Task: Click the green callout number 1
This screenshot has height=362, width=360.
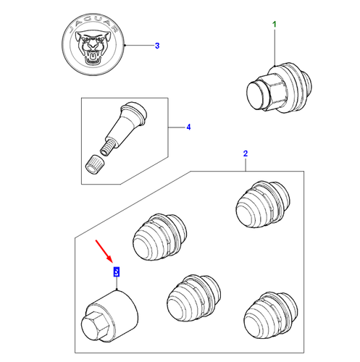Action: pos(275,25)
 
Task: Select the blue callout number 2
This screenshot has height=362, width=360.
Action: pos(246,153)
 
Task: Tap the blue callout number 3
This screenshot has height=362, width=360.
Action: pos(157,46)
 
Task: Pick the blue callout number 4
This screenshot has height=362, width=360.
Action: pos(188,127)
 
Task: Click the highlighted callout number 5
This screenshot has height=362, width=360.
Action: pos(117,271)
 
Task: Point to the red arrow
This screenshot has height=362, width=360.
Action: pos(104,251)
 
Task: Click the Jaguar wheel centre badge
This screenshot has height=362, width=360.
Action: pos(93,45)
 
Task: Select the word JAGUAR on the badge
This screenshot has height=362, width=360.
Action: pos(93,24)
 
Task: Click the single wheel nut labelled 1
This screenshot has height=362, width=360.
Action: pos(280,88)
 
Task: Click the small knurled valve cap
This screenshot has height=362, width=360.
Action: pos(95,164)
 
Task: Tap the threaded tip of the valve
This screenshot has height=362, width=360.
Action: pos(106,148)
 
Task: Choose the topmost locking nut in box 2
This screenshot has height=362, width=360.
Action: pos(263,204)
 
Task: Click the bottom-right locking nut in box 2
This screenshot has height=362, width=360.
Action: pos(271,316)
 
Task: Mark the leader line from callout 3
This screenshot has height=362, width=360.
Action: pos(139,45)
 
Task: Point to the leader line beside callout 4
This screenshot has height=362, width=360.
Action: pos(177,127)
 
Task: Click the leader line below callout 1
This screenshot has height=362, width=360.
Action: pos(275,48)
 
